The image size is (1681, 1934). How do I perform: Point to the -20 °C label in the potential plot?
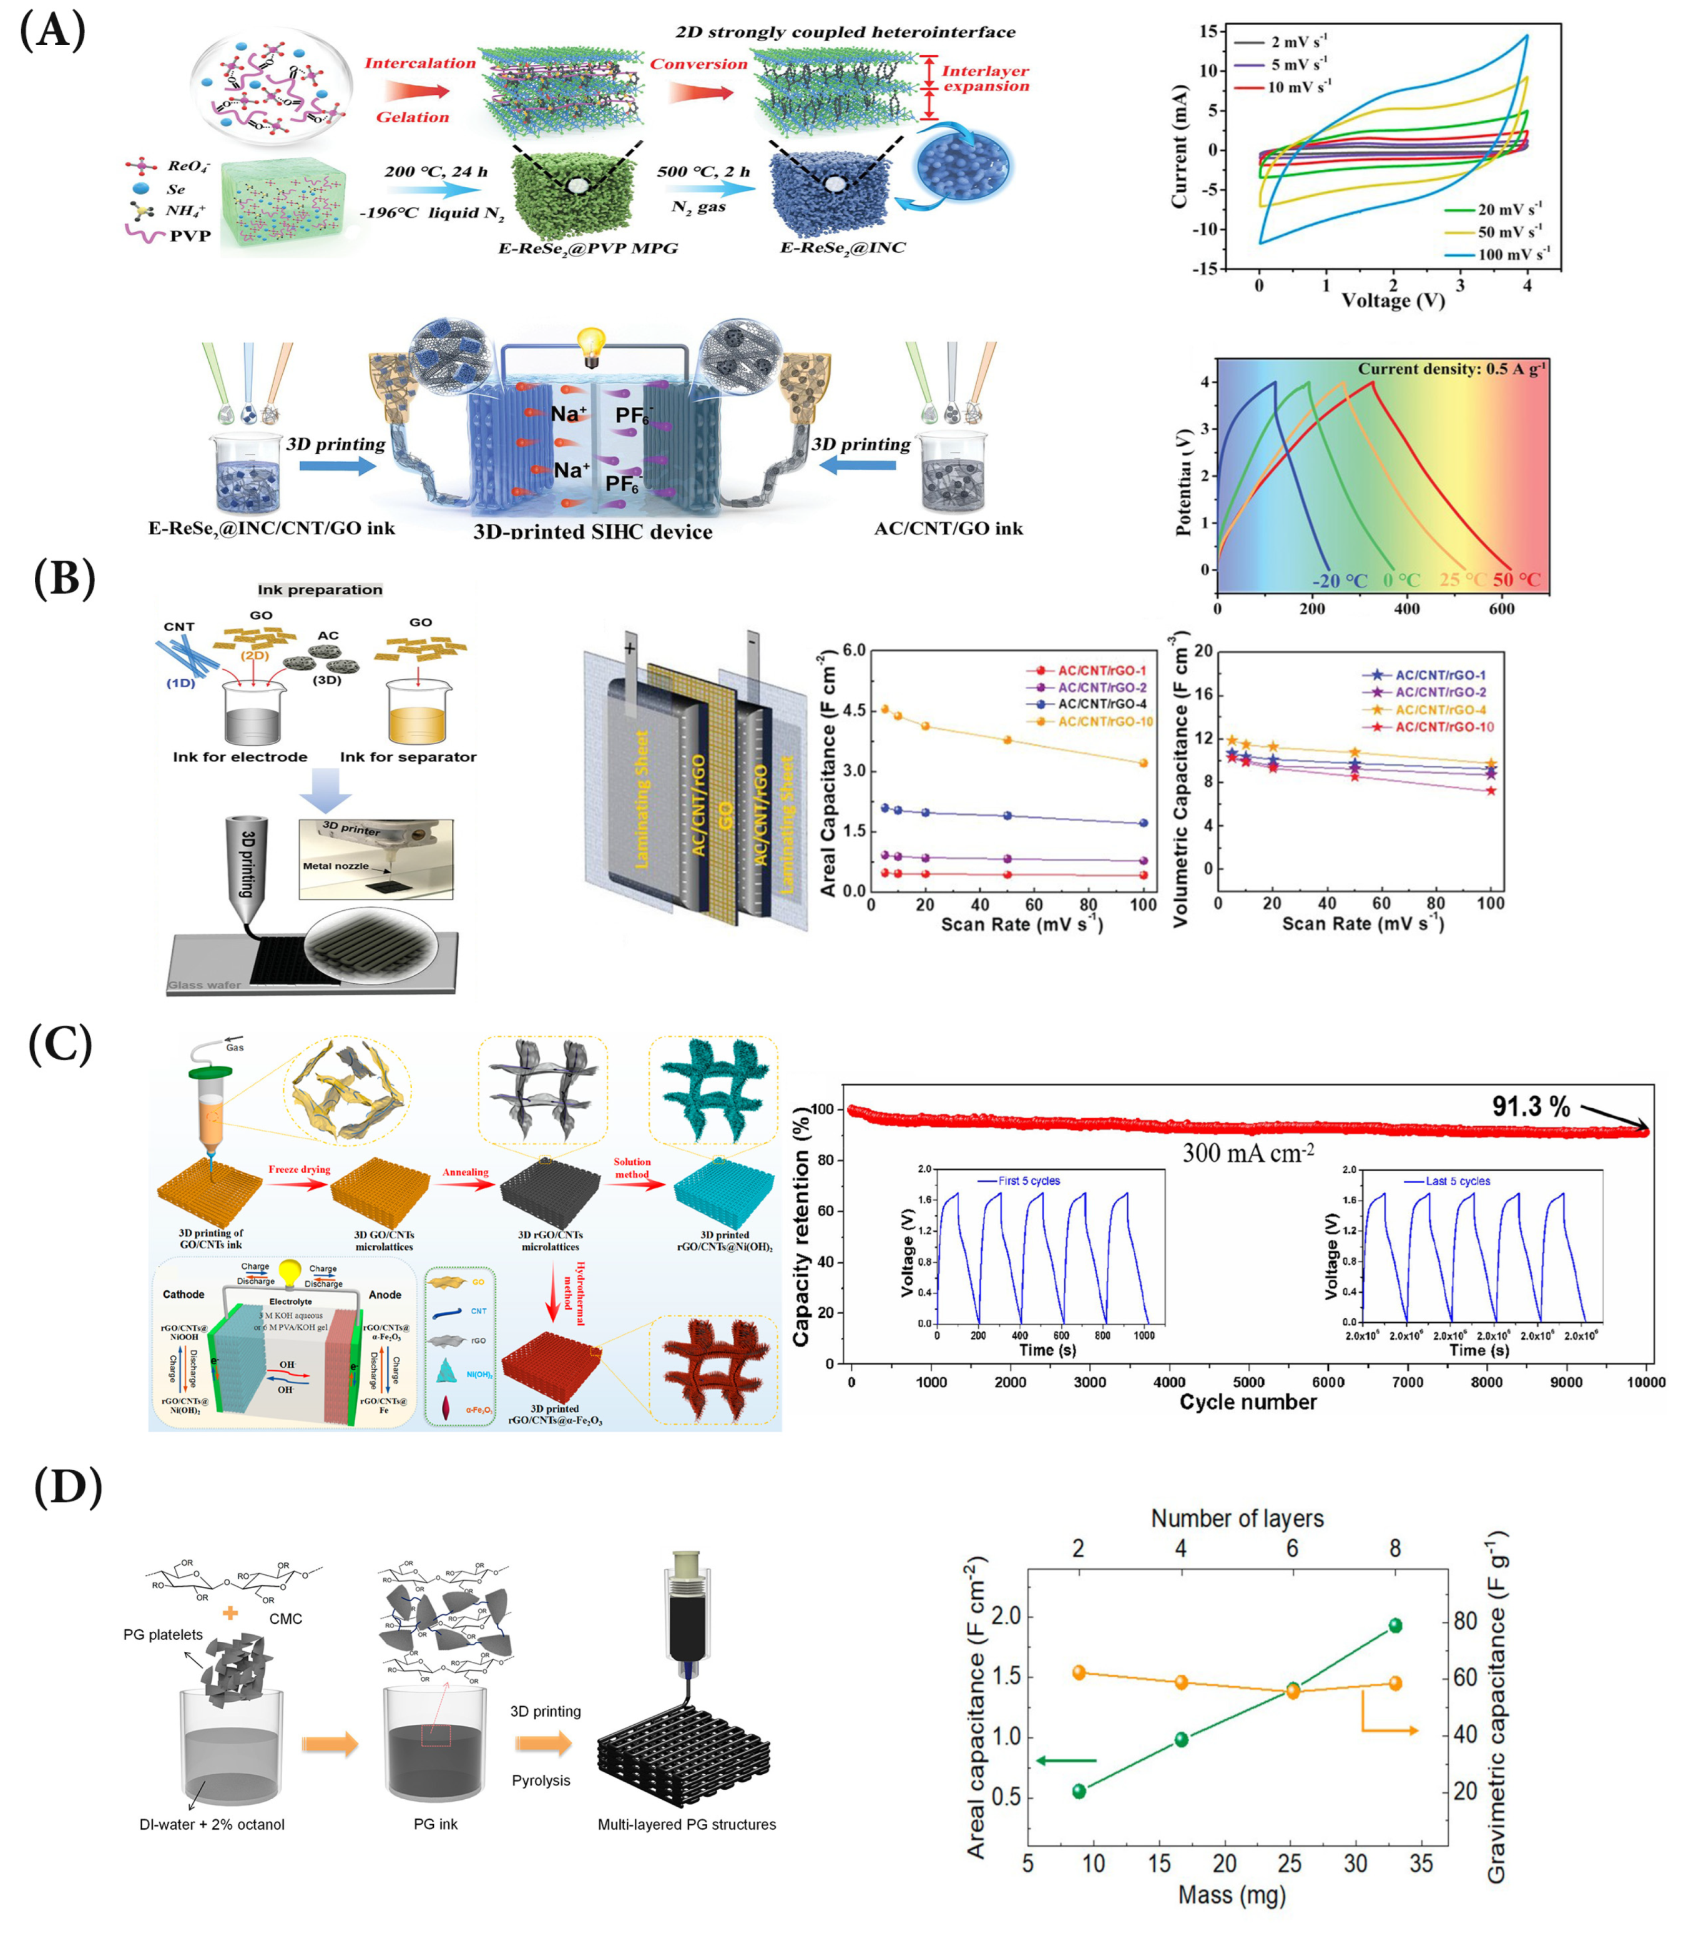tap(1340, 581)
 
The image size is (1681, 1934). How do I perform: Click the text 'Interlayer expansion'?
tap(985, 78)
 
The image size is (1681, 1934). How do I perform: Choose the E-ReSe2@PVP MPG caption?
tap(587, 248)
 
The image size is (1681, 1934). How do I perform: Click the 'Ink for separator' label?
tap(408, 757)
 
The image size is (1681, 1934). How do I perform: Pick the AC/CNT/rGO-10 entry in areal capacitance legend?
tap(1105, 721)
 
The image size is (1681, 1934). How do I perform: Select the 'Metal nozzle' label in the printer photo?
tap(335, 866)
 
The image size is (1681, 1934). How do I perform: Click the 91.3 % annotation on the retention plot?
tap(1531, 1107)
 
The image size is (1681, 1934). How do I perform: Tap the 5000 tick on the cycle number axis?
tap(1248, 1382)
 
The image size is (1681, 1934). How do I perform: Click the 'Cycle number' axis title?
tap(1248, 1402)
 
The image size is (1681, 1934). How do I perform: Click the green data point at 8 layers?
tap(1395, 1626)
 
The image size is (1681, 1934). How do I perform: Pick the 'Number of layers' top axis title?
tap(1237, 1518)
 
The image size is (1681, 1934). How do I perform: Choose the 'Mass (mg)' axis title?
tap(1232, 1895)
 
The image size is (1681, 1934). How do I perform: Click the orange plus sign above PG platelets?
tap(230, 1613)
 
